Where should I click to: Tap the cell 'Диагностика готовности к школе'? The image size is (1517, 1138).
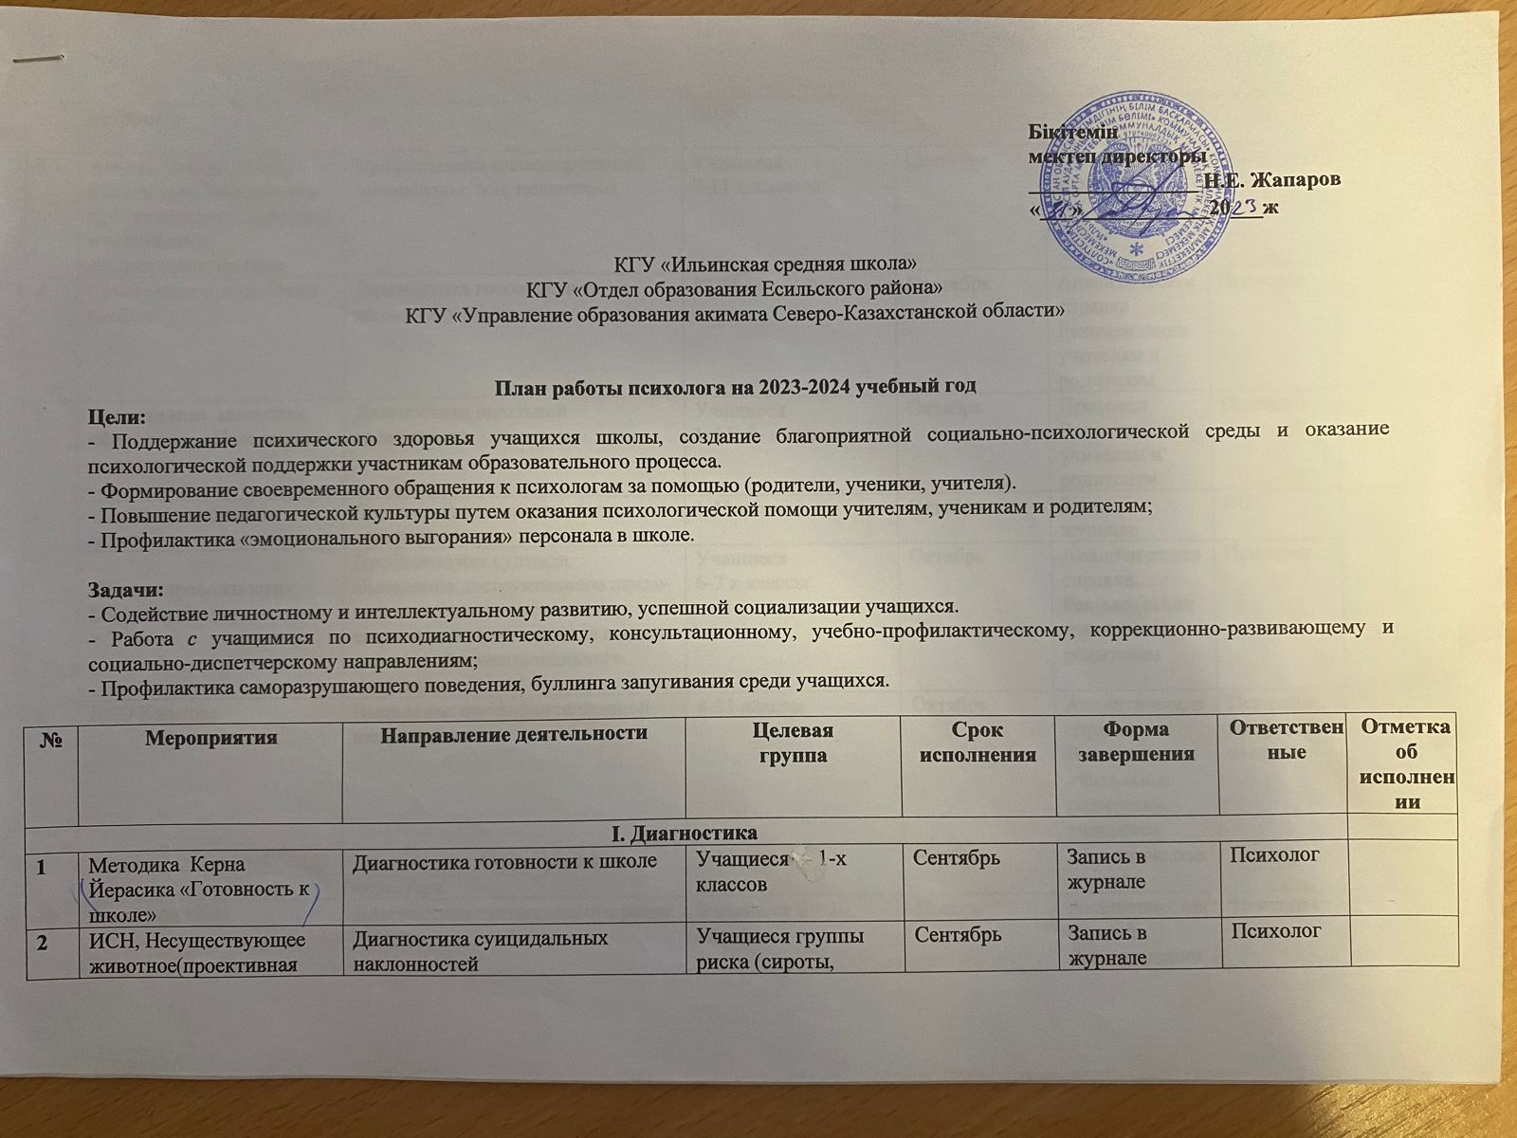tap(504, 861)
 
